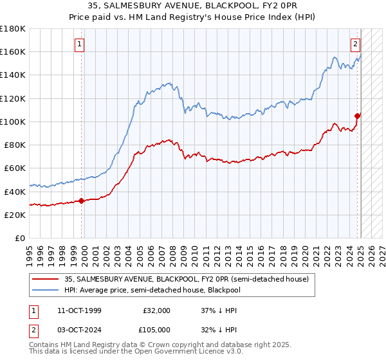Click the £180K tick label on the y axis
(13, 29)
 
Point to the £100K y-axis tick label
(13, 122)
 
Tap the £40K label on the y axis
(15, 192)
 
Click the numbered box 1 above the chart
(79, 44)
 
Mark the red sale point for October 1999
(82, 201)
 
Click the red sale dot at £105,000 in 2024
(357, 116)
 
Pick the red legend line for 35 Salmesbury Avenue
(45, 279)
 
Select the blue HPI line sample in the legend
(45, 290)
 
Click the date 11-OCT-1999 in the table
(79, 310)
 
